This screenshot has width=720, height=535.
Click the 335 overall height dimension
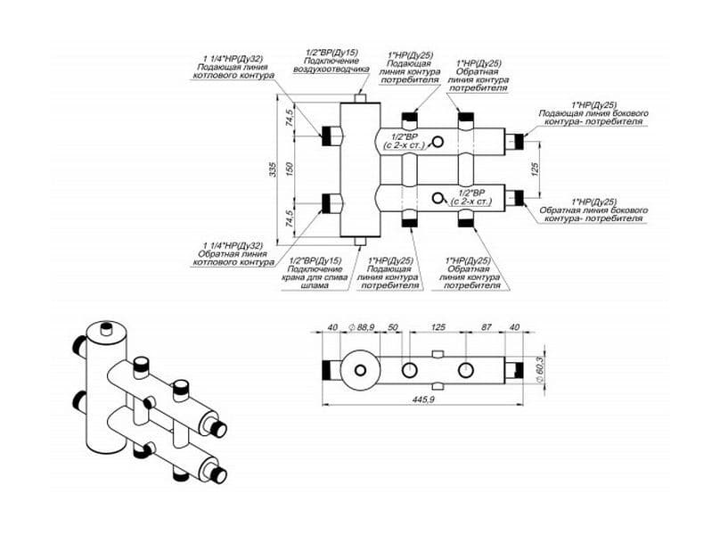click(272, 169)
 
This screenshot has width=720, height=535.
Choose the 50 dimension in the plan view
click(393, 328)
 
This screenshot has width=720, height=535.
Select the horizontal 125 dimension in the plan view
click(438, 328)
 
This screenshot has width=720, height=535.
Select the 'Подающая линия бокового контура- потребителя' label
click(593, 118)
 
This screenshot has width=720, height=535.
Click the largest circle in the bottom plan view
click(361, 370)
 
